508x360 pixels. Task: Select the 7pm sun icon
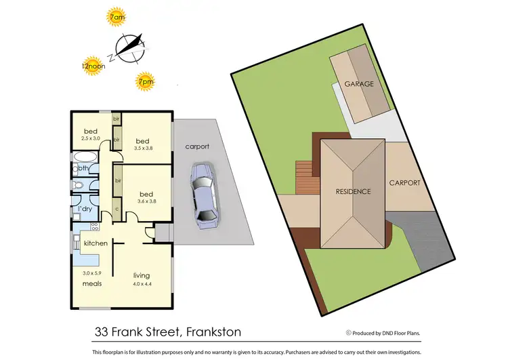click(145, 81)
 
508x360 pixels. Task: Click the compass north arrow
click(130, 45)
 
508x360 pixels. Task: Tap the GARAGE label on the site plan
click(359, 85)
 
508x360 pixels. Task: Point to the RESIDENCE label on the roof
click(353, 191)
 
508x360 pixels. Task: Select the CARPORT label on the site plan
click(404, 183)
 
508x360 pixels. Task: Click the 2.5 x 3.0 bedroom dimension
click(90, 138)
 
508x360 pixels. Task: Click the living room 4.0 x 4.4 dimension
click(142, 283)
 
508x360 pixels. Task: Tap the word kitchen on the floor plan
click(96, 243)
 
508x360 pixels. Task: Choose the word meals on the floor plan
click(92, 283)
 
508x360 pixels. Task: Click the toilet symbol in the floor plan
click(79, 185)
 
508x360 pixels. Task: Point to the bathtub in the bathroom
click(87, 167)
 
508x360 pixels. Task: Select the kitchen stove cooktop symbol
click(95, 226)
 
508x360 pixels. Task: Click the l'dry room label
click(85, 209)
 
